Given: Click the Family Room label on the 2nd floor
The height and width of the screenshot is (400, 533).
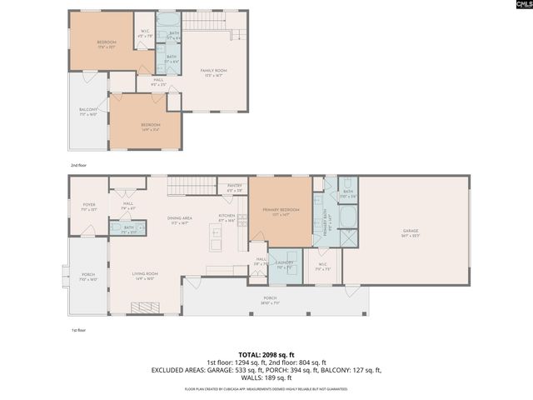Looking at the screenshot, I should [213, 72].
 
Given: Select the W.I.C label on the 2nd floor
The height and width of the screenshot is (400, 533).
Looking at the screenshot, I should [144, 35].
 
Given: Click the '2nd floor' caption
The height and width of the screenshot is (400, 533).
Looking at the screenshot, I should [78, 165].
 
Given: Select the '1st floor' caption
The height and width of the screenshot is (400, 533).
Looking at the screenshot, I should [78, 330].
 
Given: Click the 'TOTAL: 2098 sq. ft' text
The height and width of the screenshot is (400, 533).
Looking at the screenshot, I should [266, 354].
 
